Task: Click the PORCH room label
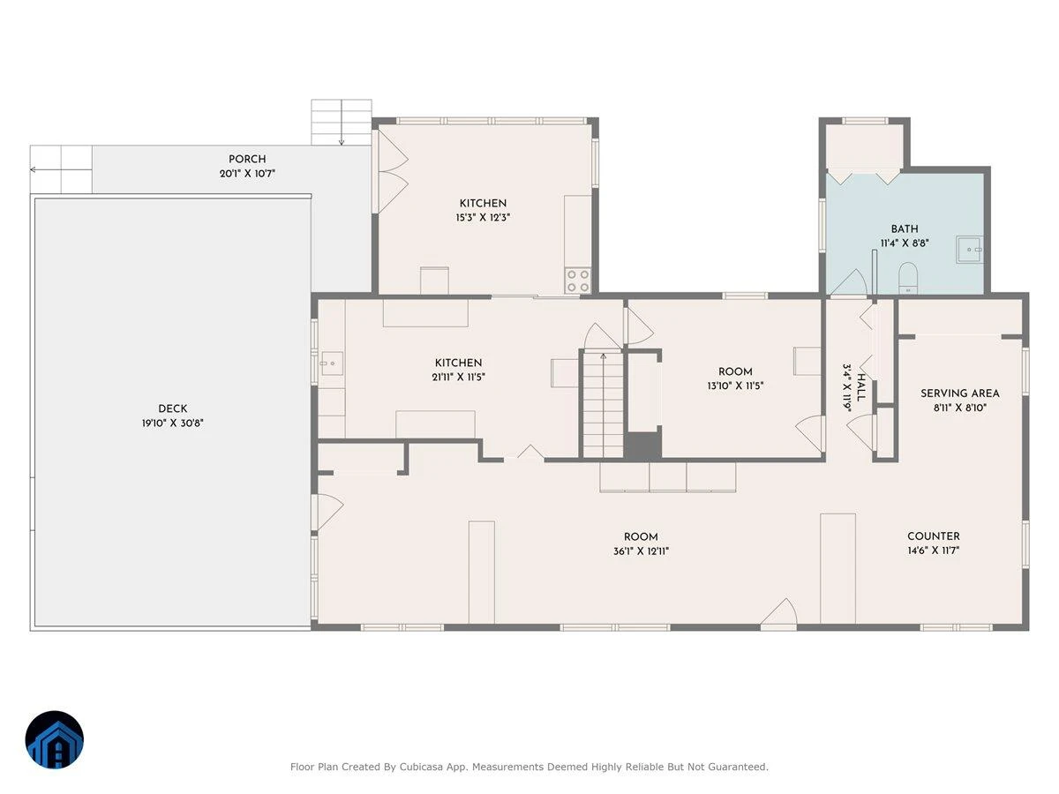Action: click(247, 159)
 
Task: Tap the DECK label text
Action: click(173, 408)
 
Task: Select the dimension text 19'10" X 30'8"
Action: click(173, 423)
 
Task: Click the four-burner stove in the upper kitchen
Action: click(578, 281)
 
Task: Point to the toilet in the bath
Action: click(908, 278)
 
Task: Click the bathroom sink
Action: click(970, 250)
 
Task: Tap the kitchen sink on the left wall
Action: click(332, 363)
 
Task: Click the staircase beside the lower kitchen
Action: click(603, 405)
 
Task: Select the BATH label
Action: click(905, 229)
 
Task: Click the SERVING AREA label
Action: click(960, 393)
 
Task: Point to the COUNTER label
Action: click(934, 536)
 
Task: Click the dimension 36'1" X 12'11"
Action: click(641, 551)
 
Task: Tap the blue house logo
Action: click(55, 739)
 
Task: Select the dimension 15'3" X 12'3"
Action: click(483, 217)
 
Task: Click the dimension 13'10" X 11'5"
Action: click(735, 386)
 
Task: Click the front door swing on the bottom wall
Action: click(778, 612)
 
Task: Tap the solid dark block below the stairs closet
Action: click(642, 446)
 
